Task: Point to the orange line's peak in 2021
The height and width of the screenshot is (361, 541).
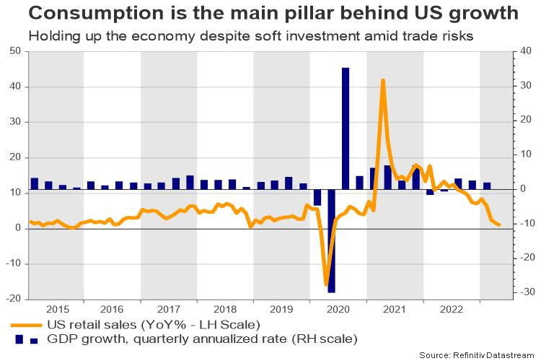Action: (383, 80)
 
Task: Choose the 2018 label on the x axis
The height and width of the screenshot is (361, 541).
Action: (225, 309)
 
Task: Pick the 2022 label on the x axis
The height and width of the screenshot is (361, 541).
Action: (451, 309)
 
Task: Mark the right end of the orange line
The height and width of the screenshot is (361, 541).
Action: (500, 225)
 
